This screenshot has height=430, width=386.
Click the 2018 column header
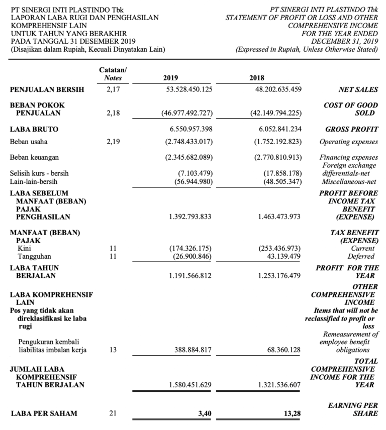pos(257,78)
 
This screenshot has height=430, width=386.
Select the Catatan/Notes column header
pos(113,74)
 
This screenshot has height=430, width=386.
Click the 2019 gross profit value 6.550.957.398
pos(190,129)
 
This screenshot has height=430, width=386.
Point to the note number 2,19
pos(113,142)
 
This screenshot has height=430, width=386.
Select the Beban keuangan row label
pos(32,157)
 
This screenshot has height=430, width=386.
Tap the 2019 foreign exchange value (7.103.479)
pos(196,173)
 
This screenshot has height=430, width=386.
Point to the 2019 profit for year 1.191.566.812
pos(190,275)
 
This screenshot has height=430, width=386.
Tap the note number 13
pos(113,350)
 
